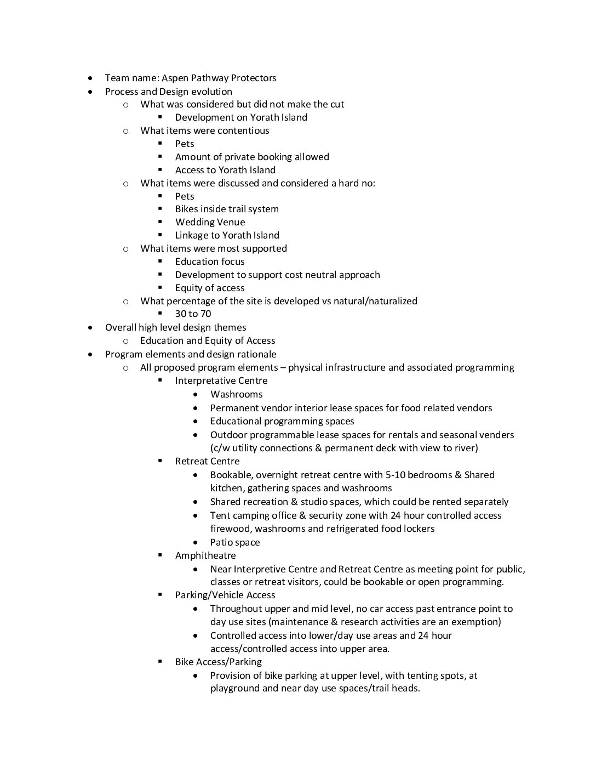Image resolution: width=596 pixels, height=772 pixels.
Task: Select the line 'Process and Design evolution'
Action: [168, 92]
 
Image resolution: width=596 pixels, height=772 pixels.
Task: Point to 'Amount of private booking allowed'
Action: [252, 157]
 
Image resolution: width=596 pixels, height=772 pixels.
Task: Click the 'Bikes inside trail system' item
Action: [227, 209]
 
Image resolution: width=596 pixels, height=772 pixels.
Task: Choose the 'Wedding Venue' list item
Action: [210, 222]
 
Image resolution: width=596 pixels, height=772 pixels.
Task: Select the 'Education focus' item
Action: [210, 262]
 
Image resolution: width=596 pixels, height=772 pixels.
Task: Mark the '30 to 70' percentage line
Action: [193, 314]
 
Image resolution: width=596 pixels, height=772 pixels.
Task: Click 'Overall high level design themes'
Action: [175, 327]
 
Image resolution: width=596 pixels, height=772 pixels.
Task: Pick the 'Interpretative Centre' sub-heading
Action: [221, 381]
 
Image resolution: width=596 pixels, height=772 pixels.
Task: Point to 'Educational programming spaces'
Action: [282, 421]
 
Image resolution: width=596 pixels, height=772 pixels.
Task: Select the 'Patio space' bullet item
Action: [235, 542]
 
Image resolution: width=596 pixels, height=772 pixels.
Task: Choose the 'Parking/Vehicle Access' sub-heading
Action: [225, 595]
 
